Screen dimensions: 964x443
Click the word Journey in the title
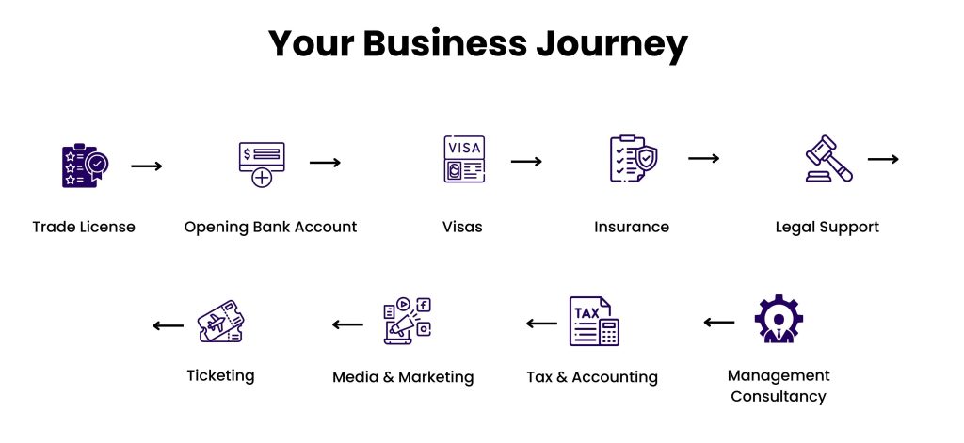click(612, 44)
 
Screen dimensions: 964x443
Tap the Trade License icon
click(85, 166)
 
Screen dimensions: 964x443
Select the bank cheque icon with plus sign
click(262, 164)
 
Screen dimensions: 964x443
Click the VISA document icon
click(464, 159)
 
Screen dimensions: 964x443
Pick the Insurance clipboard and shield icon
click(634, 159)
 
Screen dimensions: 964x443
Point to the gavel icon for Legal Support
click(828, 159)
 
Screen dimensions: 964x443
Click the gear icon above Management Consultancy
click(779, 318)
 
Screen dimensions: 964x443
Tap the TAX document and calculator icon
click(594, 322)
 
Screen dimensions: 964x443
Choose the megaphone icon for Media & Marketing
click(407, 321)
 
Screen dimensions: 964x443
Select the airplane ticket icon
click(220, 322)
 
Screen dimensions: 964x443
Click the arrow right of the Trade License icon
click(147, 166)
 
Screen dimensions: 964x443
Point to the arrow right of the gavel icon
click(883, 159)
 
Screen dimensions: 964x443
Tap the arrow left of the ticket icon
click(168, 325)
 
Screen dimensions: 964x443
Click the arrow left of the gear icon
click(718, 322)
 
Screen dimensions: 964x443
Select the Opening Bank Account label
click(270, 228)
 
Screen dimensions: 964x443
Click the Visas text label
click(462, 227)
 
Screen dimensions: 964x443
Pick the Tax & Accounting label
click(592, 376)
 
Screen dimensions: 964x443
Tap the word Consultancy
click(779, 396)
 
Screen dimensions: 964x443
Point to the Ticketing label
click(220, 375)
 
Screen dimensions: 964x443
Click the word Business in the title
click(445, 44)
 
